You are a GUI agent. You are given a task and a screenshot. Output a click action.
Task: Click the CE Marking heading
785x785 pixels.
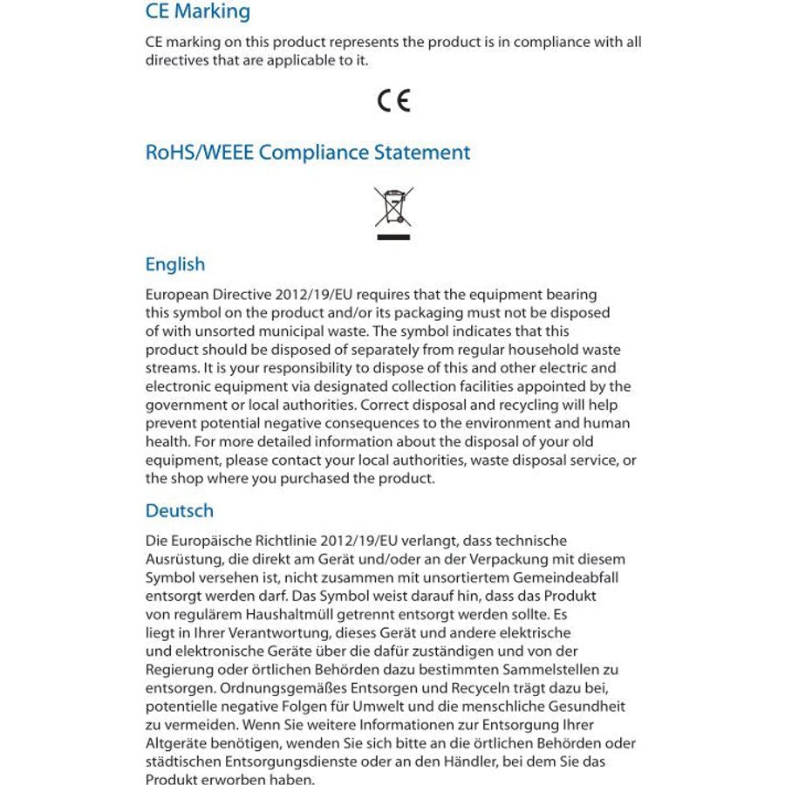point(197,12)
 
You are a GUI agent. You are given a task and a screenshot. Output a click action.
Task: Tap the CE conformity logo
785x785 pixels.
point(393,101)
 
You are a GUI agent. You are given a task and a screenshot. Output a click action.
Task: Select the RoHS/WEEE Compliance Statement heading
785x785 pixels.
point(307,153)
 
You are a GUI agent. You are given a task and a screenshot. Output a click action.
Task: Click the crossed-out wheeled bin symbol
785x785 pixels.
point(393,207)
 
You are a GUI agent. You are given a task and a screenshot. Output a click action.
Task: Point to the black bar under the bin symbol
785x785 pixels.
point(393,235)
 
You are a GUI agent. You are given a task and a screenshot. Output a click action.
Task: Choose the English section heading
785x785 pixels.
point(174,264)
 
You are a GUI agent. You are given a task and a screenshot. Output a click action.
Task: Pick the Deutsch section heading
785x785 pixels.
point(179,510)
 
